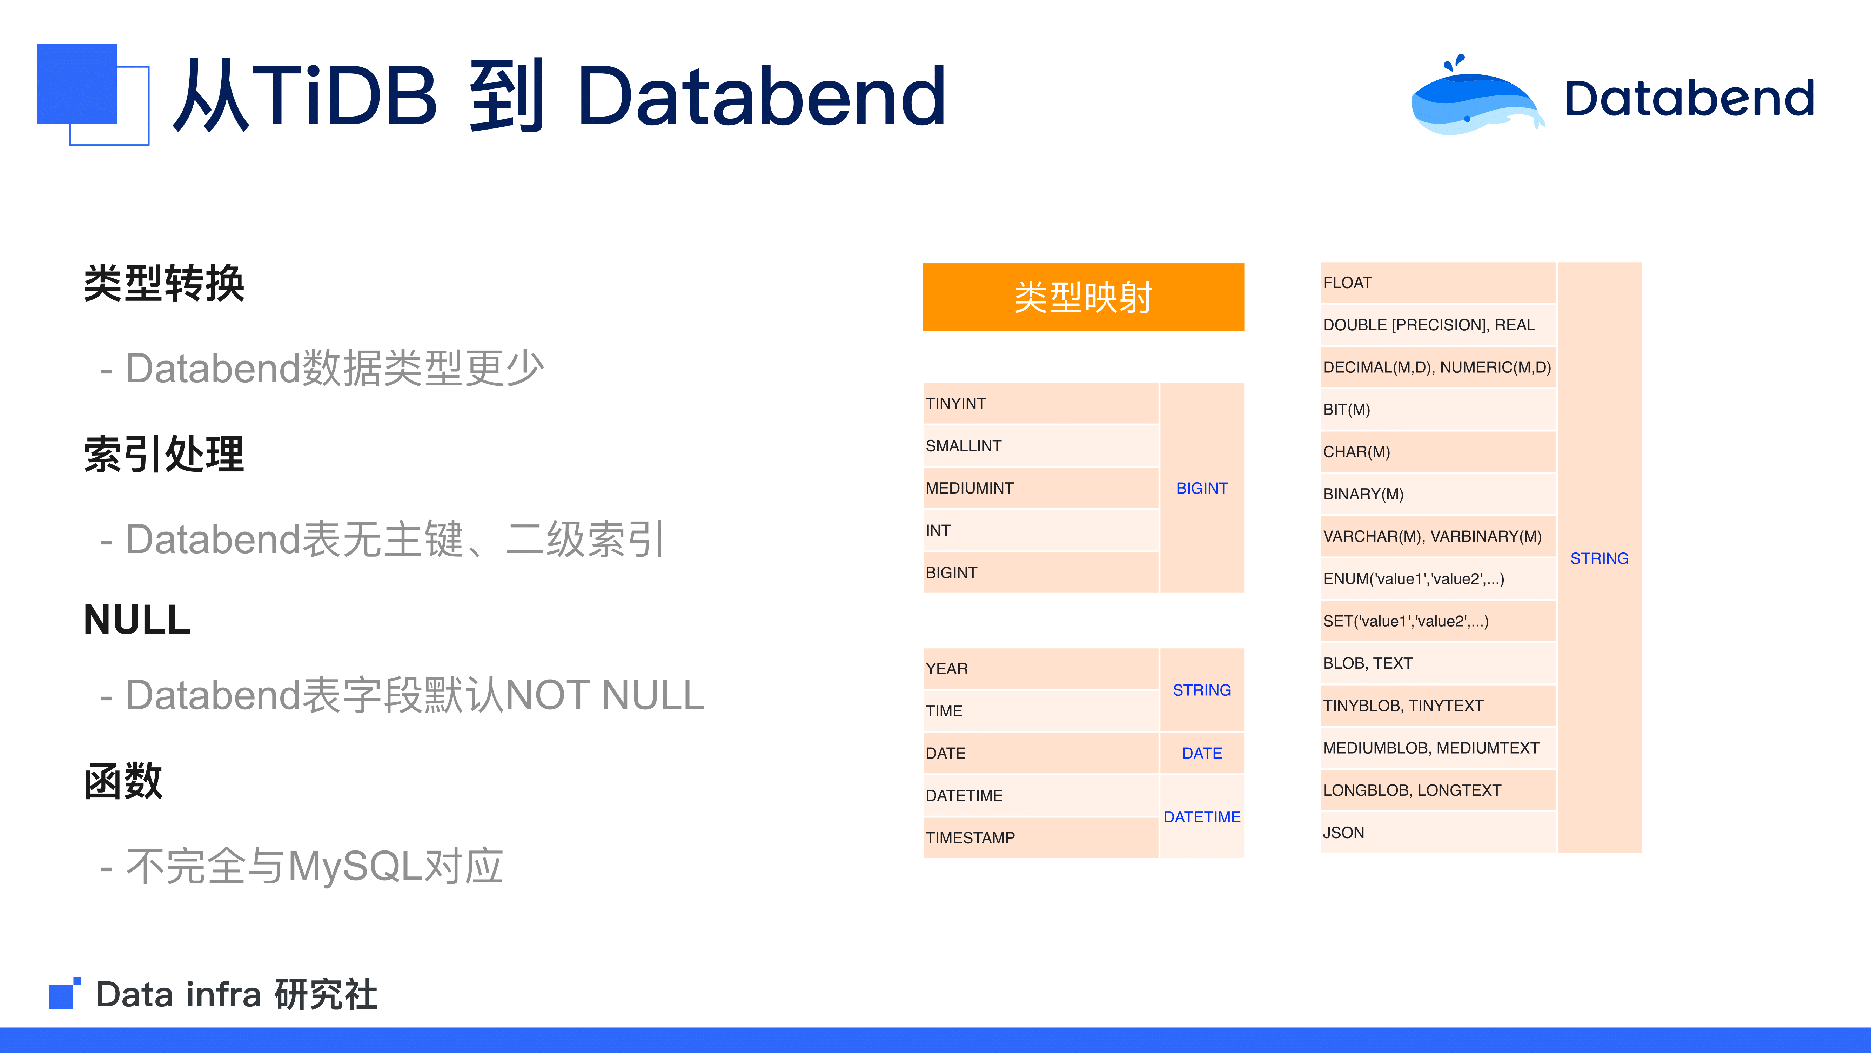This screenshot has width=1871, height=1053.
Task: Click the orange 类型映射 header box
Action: tap(1083, 297)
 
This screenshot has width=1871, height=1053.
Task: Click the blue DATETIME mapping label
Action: tap(1202, 817)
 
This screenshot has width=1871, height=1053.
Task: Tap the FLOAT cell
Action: tap(1438, 283)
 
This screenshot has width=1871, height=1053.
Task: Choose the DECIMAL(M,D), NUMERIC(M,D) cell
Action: tap(1438, 367)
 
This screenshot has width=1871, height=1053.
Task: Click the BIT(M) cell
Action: tap(1438, 409)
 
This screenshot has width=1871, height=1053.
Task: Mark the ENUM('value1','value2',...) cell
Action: tap(1438, 578)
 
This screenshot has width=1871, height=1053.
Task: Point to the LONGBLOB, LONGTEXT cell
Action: tap(1438, 790)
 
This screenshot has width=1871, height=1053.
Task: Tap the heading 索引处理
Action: tap(164, 454)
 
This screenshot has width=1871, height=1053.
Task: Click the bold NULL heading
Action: tap(137, 620)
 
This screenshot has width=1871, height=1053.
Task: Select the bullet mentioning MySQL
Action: tap(301, 866)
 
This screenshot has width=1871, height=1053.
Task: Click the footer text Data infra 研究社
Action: tap(237, 994)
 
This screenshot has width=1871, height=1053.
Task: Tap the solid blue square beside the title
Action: tap(77, 84)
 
